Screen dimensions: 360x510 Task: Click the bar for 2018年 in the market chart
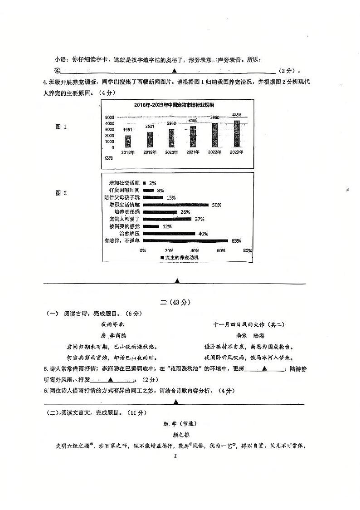click(x=128, y=141)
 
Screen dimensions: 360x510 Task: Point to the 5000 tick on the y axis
click(x=110, y=118)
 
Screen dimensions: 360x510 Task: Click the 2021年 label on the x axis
click(x=193, y=152)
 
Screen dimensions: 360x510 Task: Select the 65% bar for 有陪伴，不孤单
click(x=185, y=240)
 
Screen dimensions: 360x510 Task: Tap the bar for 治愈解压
click(x=169, y=233)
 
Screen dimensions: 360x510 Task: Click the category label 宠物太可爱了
click(x=125, y=219)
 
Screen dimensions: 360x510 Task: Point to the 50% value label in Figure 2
click(x=216, y=205)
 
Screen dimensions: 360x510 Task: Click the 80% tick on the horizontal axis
click(x=247, y=250)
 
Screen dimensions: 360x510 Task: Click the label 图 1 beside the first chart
click(x=61, y=127)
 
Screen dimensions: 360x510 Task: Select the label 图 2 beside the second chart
click(x=61, y=193)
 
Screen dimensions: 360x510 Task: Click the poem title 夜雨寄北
click(x=112, y=324)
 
